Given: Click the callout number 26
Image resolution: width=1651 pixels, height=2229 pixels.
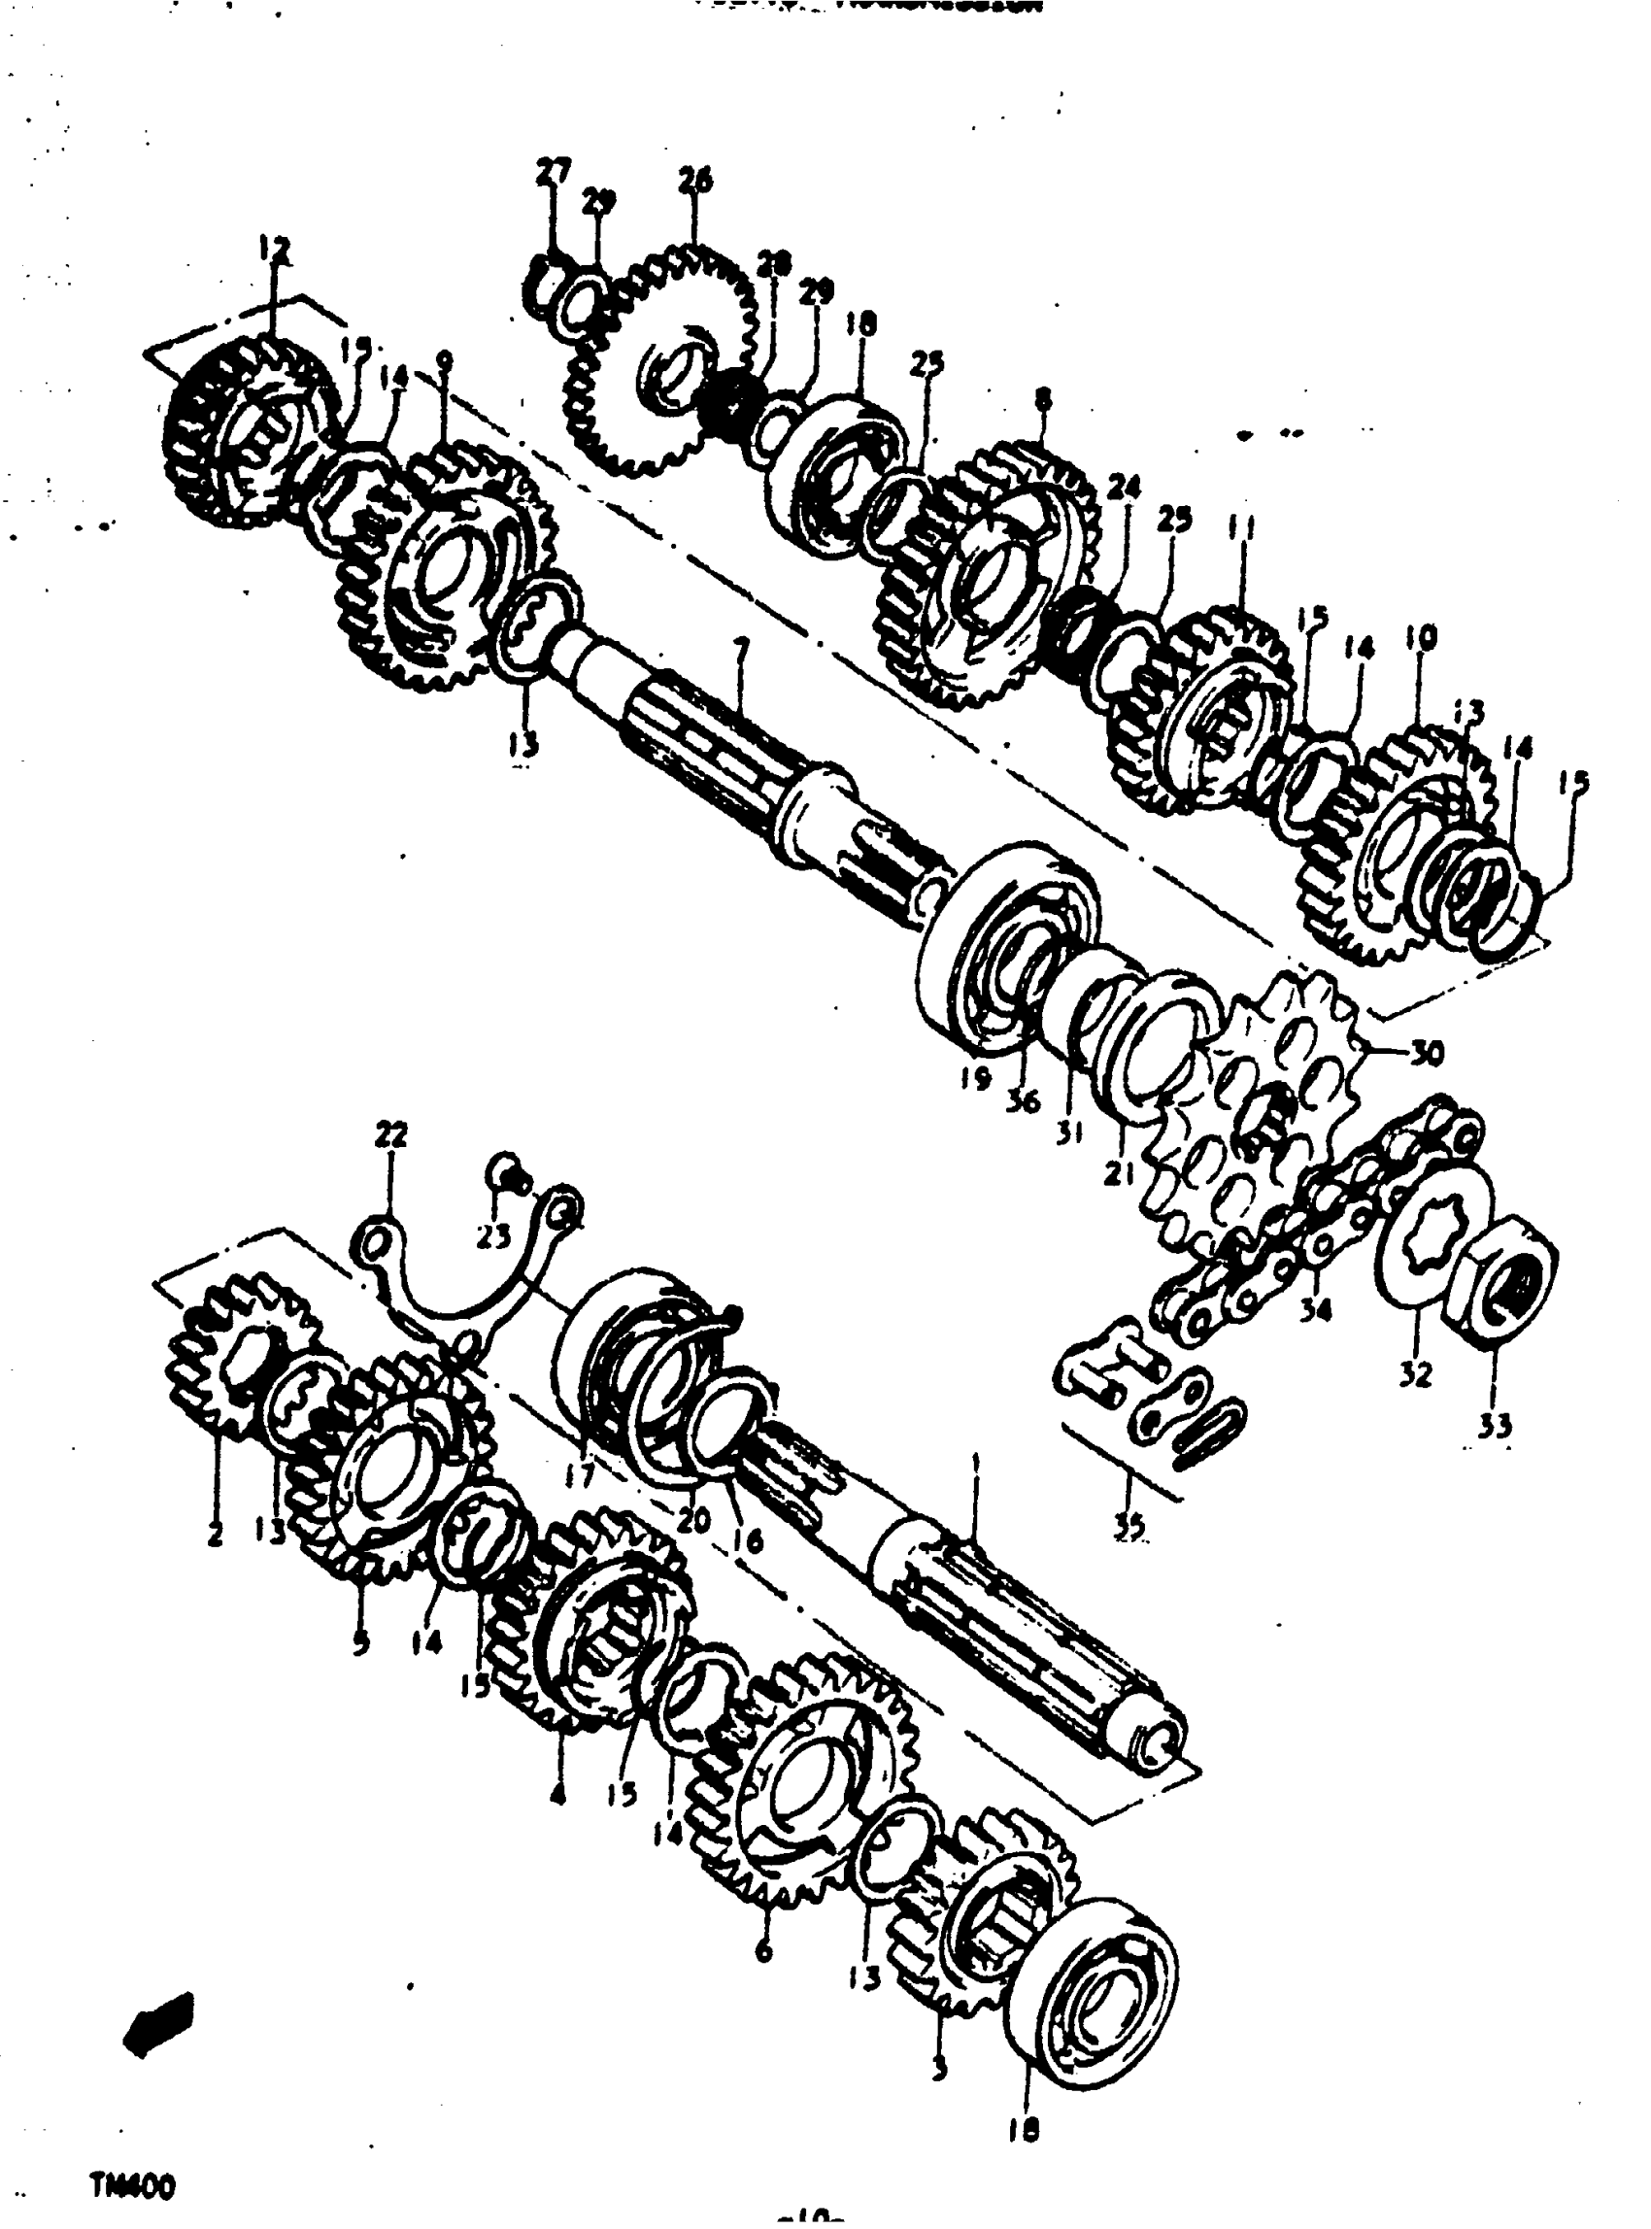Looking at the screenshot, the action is click(x=695, y=181).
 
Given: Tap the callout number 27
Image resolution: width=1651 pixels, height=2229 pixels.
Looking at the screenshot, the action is click(x=553, y=172).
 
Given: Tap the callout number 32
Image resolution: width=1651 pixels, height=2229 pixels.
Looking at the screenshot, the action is click(x=1415, y=1374).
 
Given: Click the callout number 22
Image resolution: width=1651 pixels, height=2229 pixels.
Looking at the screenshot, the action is click(x=390, y=1135).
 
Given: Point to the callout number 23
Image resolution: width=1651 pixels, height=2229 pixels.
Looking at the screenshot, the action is click(x=493, y=1237).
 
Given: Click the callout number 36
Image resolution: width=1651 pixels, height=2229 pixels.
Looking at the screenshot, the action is click(x=1025, y=1101).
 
